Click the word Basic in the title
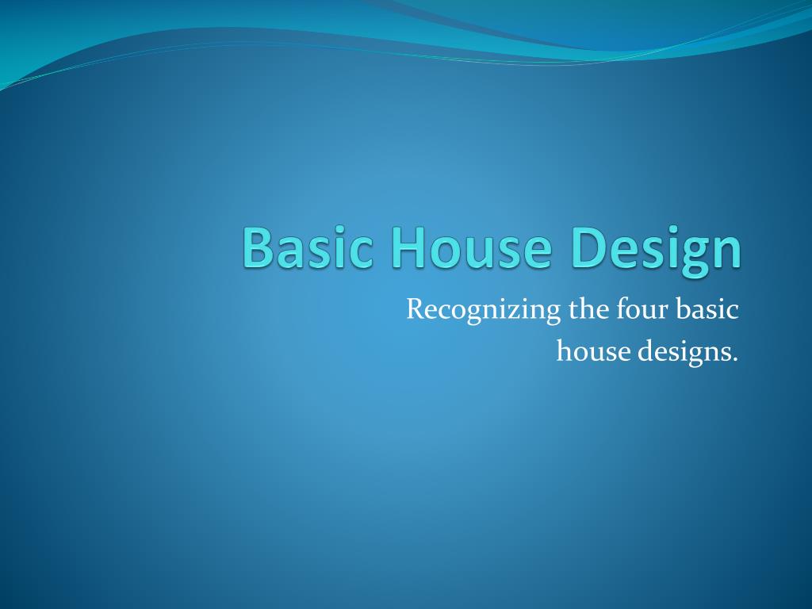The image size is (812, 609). [x=310, y=247]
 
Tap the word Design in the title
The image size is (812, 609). [x=655, y=249]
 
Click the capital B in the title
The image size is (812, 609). [x=259, y=247]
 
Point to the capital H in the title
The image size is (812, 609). [x=409, y=247]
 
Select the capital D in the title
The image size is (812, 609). [x=588, y=247]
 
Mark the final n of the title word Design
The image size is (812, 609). [x=725, y=252]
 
